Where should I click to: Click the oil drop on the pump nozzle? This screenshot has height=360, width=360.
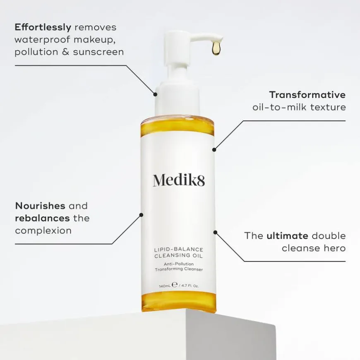(x=216, y=49)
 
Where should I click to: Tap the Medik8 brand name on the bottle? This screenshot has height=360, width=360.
(x=179, y=180)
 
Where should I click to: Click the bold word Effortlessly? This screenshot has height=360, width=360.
(x=43, y=27)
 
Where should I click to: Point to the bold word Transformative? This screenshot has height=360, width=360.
(x=307, y=95)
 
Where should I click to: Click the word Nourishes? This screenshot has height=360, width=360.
(x=40, y=206)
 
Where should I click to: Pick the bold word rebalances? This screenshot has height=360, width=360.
(x=42, y=218)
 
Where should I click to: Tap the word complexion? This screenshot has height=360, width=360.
(x=43, y=230)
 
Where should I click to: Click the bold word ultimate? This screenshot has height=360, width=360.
(x=287, y=236)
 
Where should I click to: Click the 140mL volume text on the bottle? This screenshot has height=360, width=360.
(x=165, y=286)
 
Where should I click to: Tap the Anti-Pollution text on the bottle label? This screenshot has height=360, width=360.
(x=178, y=264)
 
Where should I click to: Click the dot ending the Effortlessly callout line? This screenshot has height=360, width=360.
(x=156, y=94)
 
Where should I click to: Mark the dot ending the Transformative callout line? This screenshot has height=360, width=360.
(x=214, y=149)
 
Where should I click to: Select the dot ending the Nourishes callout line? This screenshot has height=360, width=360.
(x=141, y=214)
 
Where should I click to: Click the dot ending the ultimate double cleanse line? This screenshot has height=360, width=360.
(x=215, y=232)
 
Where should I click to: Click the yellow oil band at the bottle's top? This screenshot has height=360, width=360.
(x=178, y=126)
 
